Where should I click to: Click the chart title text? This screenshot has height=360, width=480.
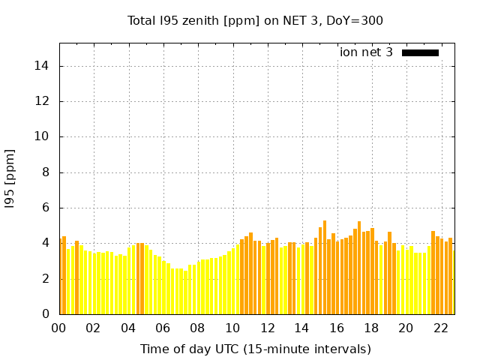click(x=256, y=20)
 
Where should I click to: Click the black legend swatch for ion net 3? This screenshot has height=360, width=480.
click(x=420, y=52)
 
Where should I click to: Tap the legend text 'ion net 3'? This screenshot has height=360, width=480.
click(x=366, y=52)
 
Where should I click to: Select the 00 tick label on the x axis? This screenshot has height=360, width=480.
click(x=58, y=328)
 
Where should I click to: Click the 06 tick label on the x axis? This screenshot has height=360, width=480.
click(x=163, y=328)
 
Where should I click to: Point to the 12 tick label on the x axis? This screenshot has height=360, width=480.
click(x=267, y=328)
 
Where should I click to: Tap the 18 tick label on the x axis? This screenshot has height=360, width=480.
click(x=371, y=328)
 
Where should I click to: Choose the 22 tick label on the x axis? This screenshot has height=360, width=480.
click(x=441, y=328)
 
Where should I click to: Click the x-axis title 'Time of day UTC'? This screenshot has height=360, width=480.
click(x=255, y=349)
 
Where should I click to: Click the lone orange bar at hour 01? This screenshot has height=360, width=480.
click(x=77, y=277)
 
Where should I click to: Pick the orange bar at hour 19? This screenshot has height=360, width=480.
click(x=389, y=273)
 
